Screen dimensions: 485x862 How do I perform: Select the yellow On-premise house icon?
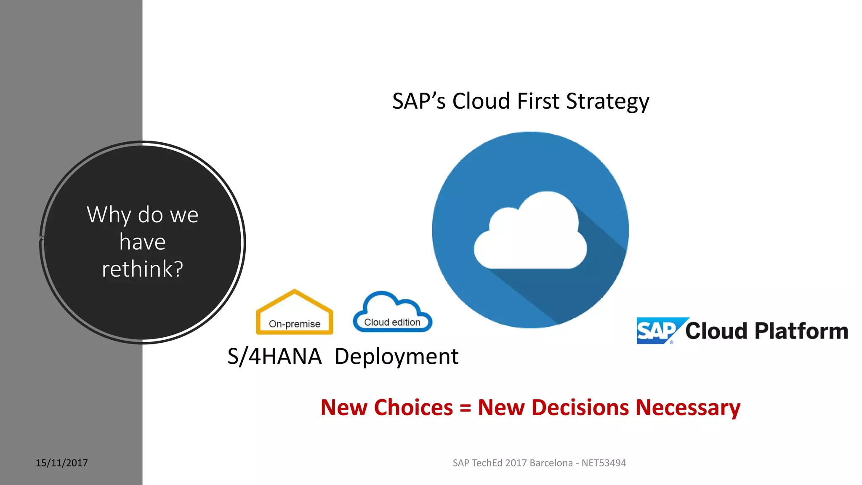click(295, 314)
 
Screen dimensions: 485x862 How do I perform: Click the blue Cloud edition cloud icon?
click(392, 314)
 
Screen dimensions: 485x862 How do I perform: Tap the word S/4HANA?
click(274, 357)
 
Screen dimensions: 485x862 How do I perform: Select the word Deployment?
click(396, 357)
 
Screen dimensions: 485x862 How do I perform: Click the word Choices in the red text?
click(413, 408)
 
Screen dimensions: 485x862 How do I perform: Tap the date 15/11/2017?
click(62, 463)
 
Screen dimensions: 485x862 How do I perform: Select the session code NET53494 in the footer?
click(604, 463)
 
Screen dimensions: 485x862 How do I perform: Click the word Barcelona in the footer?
click(551, 463)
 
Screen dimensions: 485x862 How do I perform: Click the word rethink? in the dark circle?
click(143, 269)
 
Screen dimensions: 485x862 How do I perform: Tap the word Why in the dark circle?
click(109, 215)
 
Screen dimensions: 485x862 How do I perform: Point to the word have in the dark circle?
click(143, 242)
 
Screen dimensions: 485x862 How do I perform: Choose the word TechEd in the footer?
click(487, 463)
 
